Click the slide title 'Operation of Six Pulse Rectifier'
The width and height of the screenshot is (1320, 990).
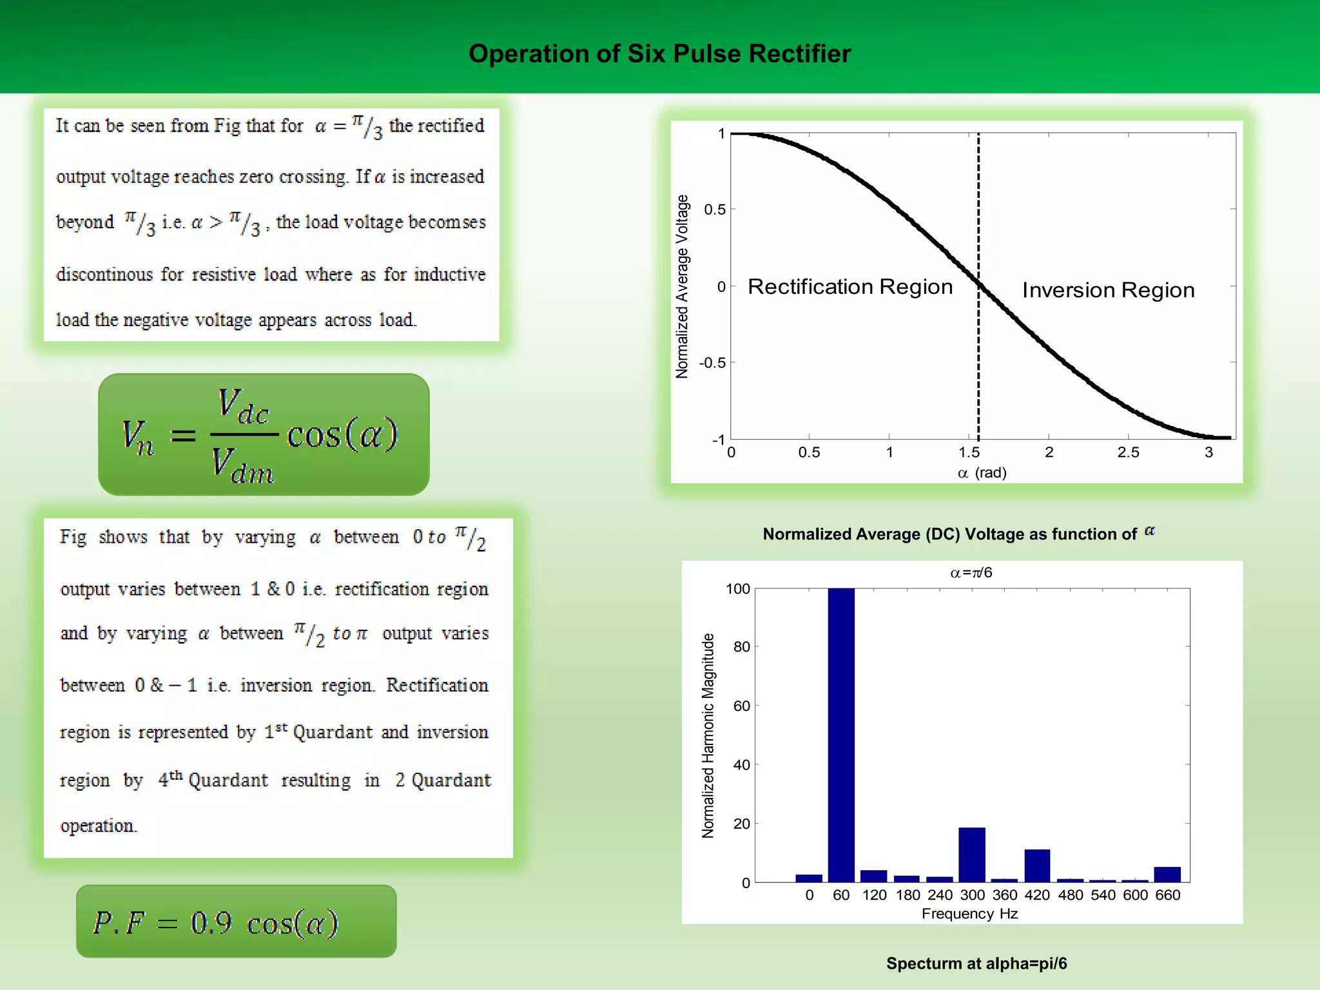click(659, 53)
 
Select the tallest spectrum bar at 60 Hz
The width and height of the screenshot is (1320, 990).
click(841, 735)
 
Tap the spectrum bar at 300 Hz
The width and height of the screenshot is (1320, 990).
click(971, 855)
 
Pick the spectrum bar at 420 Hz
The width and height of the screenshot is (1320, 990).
click(1037, 866)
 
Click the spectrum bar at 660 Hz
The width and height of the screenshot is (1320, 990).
click(1167, 875)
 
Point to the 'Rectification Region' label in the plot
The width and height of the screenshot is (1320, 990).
click(850, 287)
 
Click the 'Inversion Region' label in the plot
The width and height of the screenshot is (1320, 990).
click(1108, 290)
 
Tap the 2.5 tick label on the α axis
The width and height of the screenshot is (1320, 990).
click(1128, 452)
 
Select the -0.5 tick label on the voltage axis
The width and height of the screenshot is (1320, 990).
click(712, 363)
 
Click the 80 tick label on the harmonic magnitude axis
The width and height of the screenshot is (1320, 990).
click(741, 646)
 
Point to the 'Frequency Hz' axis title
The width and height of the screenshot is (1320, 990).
click(969, 913)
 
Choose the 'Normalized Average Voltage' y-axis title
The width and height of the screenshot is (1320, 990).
click(682, 286)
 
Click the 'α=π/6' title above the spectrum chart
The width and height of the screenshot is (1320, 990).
click(971, 572)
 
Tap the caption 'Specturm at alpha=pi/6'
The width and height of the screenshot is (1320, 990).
click(976, 963)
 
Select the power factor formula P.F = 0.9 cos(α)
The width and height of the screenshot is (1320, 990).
click(216, 922)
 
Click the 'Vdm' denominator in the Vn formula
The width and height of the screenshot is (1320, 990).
click(243, 465)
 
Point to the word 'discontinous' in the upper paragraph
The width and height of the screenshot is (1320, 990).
click(104, 275)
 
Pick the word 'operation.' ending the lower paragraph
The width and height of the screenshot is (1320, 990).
click(99, 826)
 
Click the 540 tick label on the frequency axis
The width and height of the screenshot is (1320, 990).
click(1103, 895)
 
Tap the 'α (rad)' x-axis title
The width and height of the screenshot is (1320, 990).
click(982, 473)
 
